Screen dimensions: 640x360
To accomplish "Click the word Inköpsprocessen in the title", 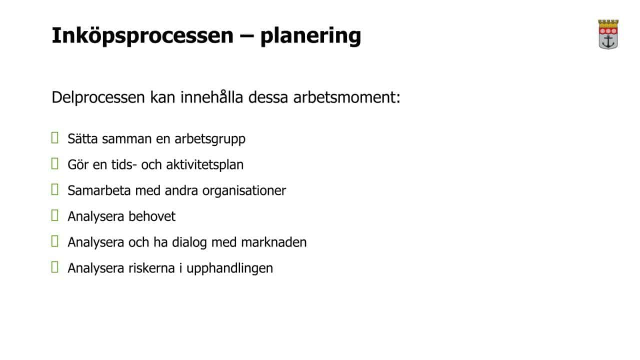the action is (x=142, y=35).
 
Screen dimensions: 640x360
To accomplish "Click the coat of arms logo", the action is (x=608, y=34).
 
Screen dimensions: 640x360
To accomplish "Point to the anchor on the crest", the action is (x=608, y=41).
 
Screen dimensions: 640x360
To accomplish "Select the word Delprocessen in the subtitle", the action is (x=98, y=97).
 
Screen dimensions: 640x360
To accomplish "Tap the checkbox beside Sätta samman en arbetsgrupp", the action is (x=55, y=137).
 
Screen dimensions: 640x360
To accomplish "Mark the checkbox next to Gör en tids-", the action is (x=55, y=163).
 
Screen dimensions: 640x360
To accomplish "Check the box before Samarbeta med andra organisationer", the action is (x=55, y=189).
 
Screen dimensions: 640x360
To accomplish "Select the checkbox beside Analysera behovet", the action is (x=55, y=215).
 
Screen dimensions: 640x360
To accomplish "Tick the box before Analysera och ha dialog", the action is (x=55, y=241).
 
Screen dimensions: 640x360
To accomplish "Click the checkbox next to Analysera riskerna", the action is (x=55, y=267).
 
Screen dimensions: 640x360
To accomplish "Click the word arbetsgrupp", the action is (x=210, y=139).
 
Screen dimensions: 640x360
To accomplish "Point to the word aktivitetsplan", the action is (x=205, y=165).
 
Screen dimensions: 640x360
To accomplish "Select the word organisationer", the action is (x=244, y=191).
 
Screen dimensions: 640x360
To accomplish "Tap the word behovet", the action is (x=152, y=216).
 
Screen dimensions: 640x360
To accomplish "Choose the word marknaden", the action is (x=274, y=242).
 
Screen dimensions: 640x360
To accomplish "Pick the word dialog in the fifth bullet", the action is (x=189, y=243).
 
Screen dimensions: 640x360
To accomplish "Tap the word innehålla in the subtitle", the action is (x=211, y=97).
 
